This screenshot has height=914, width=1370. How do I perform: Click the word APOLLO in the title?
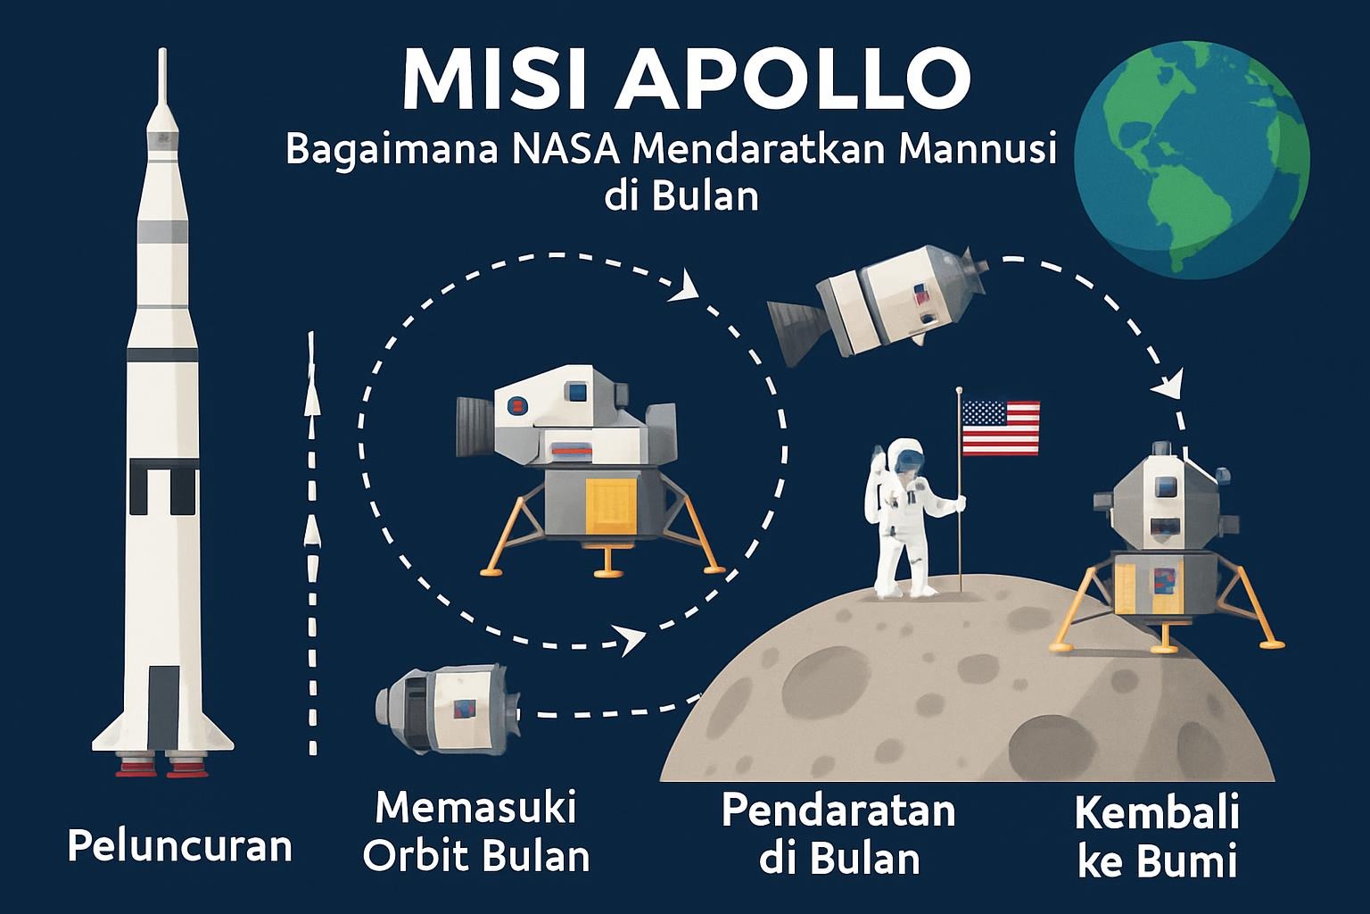click(793, 79)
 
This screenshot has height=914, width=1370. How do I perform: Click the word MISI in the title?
click(495, 79)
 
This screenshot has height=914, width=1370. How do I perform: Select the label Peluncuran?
click(180, 847)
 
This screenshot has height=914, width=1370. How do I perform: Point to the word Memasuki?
click(475, 808)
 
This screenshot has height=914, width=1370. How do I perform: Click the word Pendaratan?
click(838, 811)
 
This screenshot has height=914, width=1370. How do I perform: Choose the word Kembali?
click(1157, 813)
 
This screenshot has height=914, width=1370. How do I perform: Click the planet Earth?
click(1192, 160)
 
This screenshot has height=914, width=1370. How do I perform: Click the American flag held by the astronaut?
click(1001, 428)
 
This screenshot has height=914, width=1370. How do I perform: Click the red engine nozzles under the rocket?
click(163, 766)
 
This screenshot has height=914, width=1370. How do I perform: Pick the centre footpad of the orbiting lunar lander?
click(608, 573)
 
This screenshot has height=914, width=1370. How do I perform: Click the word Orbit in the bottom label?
click(417, 856)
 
